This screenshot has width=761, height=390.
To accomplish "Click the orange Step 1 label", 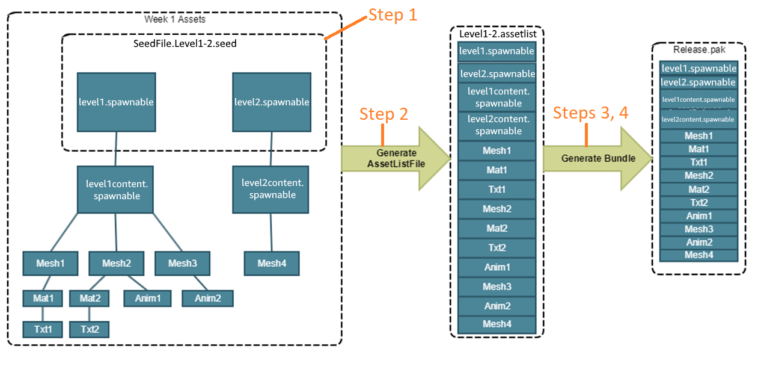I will coord(392,15).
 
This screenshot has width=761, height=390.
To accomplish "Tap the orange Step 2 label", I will coord(383,114).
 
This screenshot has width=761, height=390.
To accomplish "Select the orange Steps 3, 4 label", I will coord(590,113).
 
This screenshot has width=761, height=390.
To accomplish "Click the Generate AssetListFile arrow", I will coord(396,159).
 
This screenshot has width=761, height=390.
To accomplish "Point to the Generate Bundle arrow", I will coord(597,158).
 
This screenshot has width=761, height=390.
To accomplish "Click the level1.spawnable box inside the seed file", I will coord(116,102).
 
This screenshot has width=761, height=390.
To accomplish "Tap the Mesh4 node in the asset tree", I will coord(271,264).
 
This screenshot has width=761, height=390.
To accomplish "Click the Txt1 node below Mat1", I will coord(42,329).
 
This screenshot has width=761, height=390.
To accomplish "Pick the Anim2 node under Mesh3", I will coord(207,298).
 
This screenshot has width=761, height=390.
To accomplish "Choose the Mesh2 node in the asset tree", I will coord(117,264).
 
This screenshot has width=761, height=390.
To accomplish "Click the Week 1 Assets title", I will coord(174,19).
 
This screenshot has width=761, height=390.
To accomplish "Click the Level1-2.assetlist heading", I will coord(497,34).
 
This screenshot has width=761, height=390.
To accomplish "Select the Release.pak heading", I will coord(699,50).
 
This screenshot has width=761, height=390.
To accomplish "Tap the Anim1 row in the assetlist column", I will coord(497,267).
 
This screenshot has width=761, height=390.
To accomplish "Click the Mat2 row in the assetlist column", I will coord(497,229).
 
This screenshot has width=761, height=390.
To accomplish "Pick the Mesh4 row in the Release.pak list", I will coord(698,255).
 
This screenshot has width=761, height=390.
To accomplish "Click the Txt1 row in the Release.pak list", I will coord(698,162).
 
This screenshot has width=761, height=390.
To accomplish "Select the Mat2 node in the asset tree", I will coord(89,298).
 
